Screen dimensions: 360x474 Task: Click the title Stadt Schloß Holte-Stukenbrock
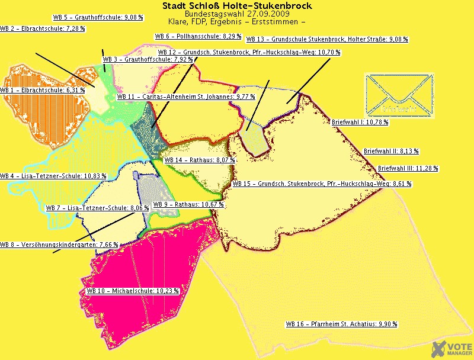[x=237, y=6]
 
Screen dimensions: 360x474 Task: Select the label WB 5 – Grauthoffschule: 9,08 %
[x=98, y=18]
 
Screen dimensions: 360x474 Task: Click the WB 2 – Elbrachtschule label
[x=42, y=28]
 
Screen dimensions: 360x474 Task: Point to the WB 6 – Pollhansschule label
[x=198, y=36]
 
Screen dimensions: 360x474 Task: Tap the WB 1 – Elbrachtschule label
[x=43, y=90]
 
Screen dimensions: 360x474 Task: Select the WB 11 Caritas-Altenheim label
[x=186, y=96]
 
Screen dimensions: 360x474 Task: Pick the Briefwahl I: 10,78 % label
[x=360, y=122]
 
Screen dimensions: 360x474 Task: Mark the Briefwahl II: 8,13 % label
[x=391, y=151]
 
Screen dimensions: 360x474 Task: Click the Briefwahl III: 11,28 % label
[x=408, y=168]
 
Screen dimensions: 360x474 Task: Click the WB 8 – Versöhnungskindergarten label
[x=59, y=245]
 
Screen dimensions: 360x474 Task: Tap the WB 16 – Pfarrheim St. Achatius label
[x=341, y=324]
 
